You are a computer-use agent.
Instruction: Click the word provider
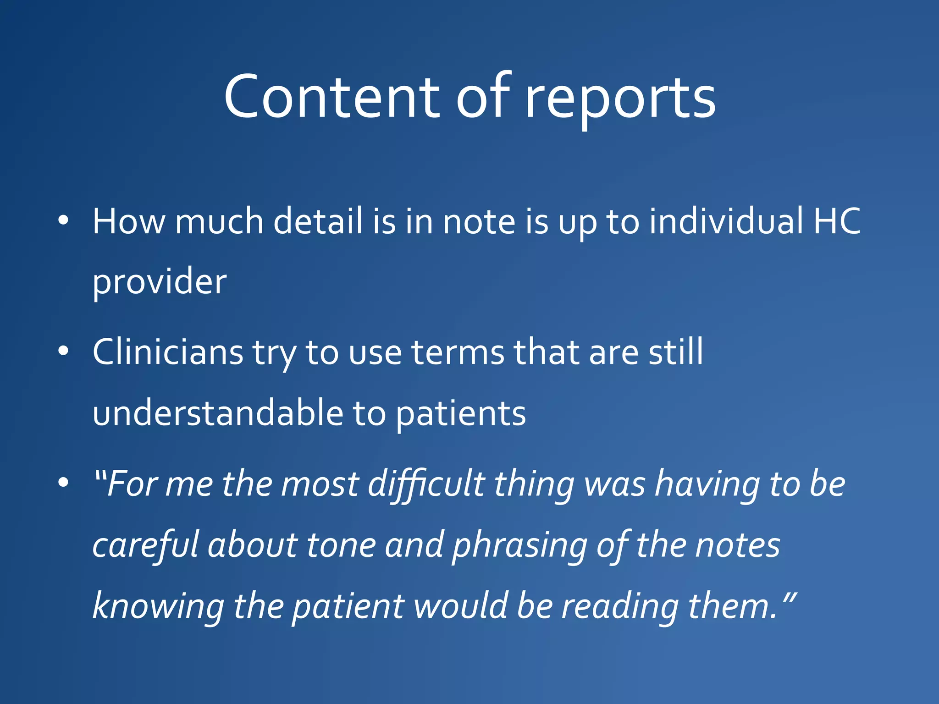coord(160,282)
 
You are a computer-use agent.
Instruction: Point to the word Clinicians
coord(168,352)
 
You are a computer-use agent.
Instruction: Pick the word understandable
coord(218,413)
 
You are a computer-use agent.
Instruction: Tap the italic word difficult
coord(426,484)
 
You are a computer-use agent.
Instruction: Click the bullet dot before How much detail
coord(63,220)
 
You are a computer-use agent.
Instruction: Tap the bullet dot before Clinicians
coord(63,352)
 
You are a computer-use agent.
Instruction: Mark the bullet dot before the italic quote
coord(63,483)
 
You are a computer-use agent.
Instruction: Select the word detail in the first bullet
coord(318,221)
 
